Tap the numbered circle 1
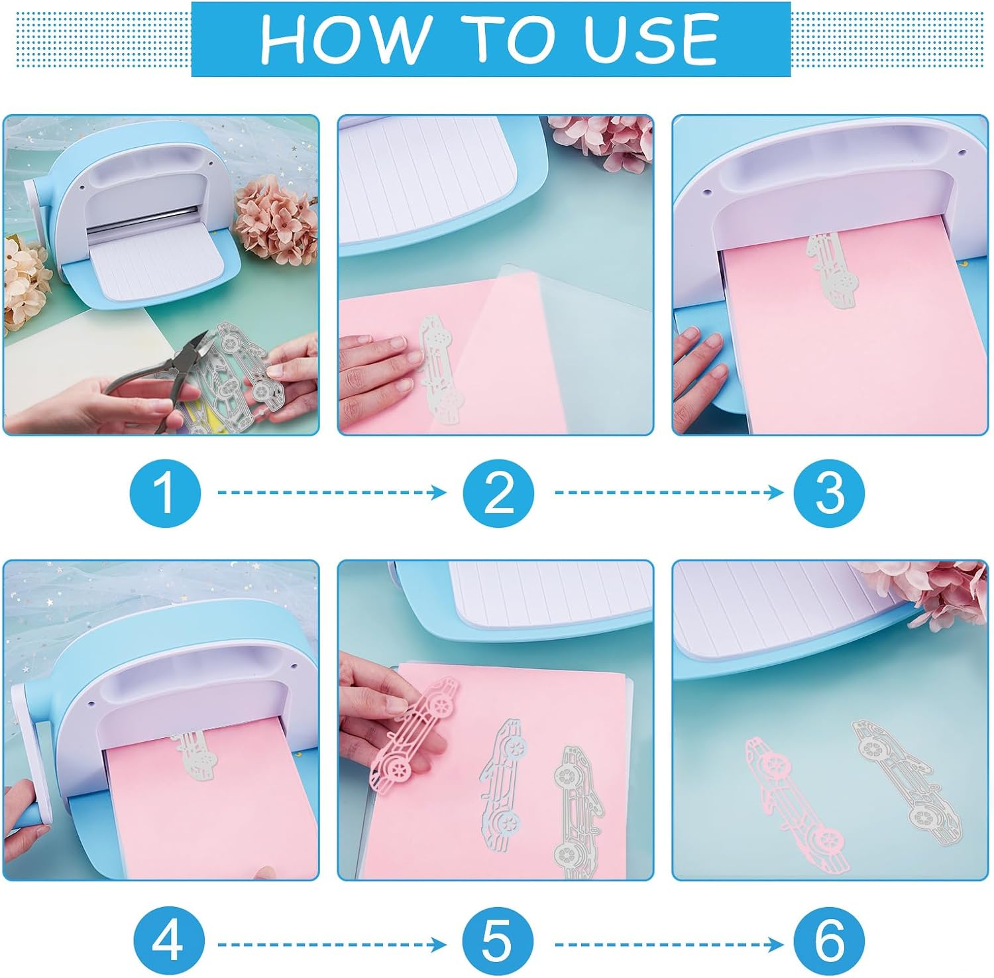coord(165,493)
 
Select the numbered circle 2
coord(498,493)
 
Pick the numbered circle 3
coord(829,493)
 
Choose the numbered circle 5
coord(497,942)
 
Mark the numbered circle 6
coord(829,942)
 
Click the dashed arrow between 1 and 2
coord(332,492)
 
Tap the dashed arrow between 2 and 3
coord(669,492)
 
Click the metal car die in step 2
coord(440,370)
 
